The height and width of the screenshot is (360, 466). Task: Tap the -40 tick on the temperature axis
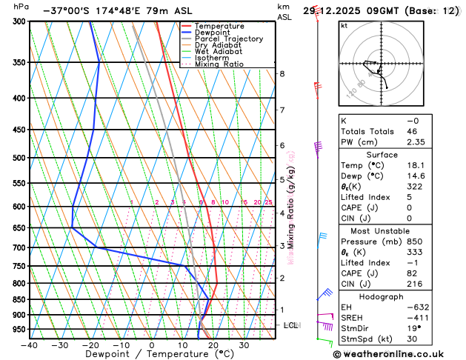pyautogui.click(x=30, y=345)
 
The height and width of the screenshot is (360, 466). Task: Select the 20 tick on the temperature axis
pyautogui.click(x=213, y=345)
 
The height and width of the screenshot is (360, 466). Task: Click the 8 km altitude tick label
pyautogui.click(x=282, y=74)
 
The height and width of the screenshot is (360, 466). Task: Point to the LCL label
pyautogui.click(x=291, y=325)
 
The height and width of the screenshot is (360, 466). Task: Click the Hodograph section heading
pyautogui.click(x=397, y=296)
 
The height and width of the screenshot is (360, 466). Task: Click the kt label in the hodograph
pyautogui.click(x=344, y=25)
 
